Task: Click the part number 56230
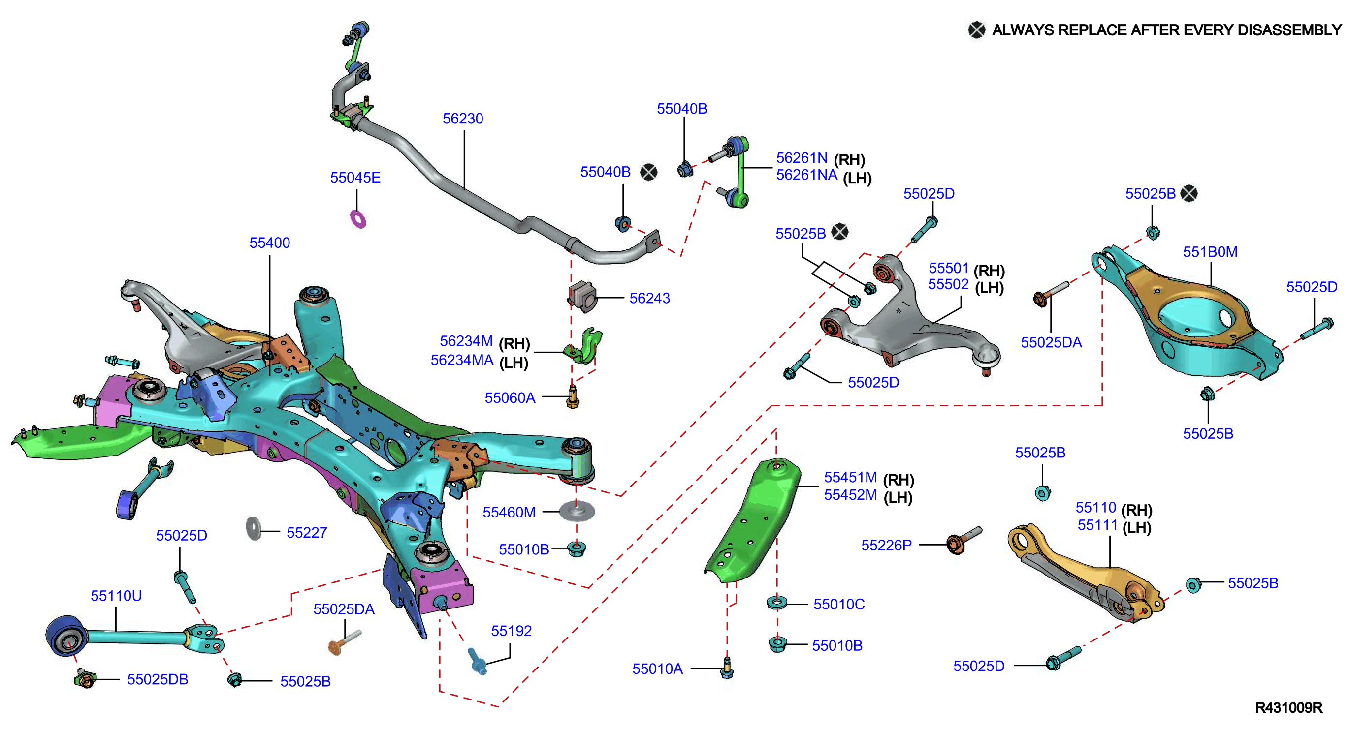click(462, 119)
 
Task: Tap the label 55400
click(270, 243)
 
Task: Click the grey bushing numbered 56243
click(582, 297)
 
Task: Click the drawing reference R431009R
click(1289, 707)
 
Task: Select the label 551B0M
click(1210, 252)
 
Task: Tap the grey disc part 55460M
click(577, 510)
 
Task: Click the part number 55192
click(511, 631)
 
